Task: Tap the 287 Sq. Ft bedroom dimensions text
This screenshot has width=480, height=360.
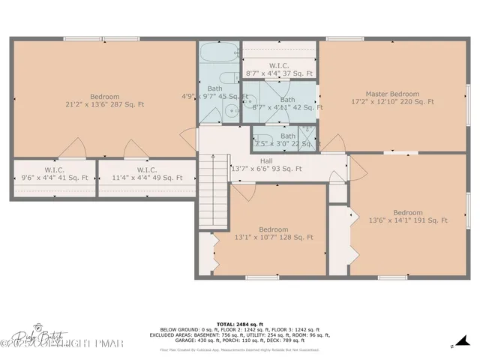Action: pyautogui.click(x=105, y=105)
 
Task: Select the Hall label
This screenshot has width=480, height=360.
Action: pyautogui.click(x=266, y=160)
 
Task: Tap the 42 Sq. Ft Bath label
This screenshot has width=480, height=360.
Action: pyautogui.click(x=287, y=99)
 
